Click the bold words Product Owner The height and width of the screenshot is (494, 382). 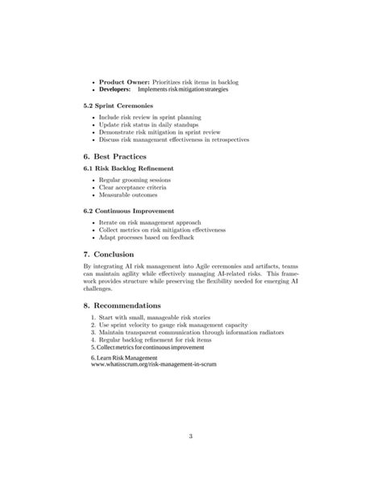tap(123, 82)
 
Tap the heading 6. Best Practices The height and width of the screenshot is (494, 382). tap(119, 156)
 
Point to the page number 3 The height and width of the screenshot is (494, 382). tap(191, 437)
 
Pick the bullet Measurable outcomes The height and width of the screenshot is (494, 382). tap(128, 196)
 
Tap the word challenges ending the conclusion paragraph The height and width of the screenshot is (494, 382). tap(100, 289)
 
